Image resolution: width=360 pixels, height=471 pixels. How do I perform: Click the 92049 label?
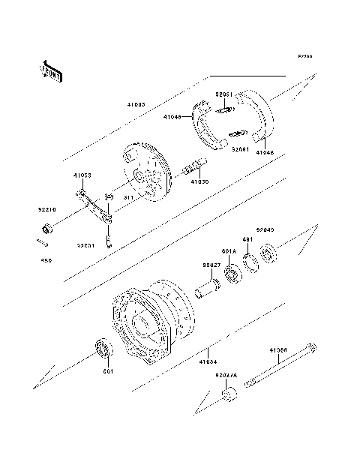(266, 230)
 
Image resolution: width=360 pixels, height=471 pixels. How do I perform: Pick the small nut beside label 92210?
(46, 229)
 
